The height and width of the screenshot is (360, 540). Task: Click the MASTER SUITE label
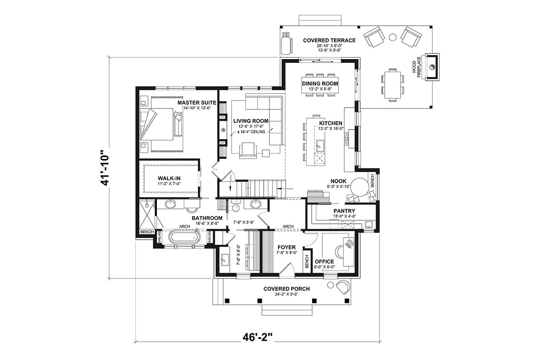pos(197,103)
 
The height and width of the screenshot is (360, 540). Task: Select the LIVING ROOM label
pos(251,121)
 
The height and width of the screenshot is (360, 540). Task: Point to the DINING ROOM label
pos(320,84)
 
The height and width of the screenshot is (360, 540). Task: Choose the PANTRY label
pos(344,211)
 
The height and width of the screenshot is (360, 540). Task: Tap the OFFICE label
pos(324,262)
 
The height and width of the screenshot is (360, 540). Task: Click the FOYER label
pos(286,247)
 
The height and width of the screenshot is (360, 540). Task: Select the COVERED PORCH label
pos(286,289)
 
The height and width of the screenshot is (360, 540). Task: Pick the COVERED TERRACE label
pos(329,41)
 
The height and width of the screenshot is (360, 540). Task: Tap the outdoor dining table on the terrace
pos(393,84)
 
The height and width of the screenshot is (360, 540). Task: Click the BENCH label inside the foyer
pos(307,261)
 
